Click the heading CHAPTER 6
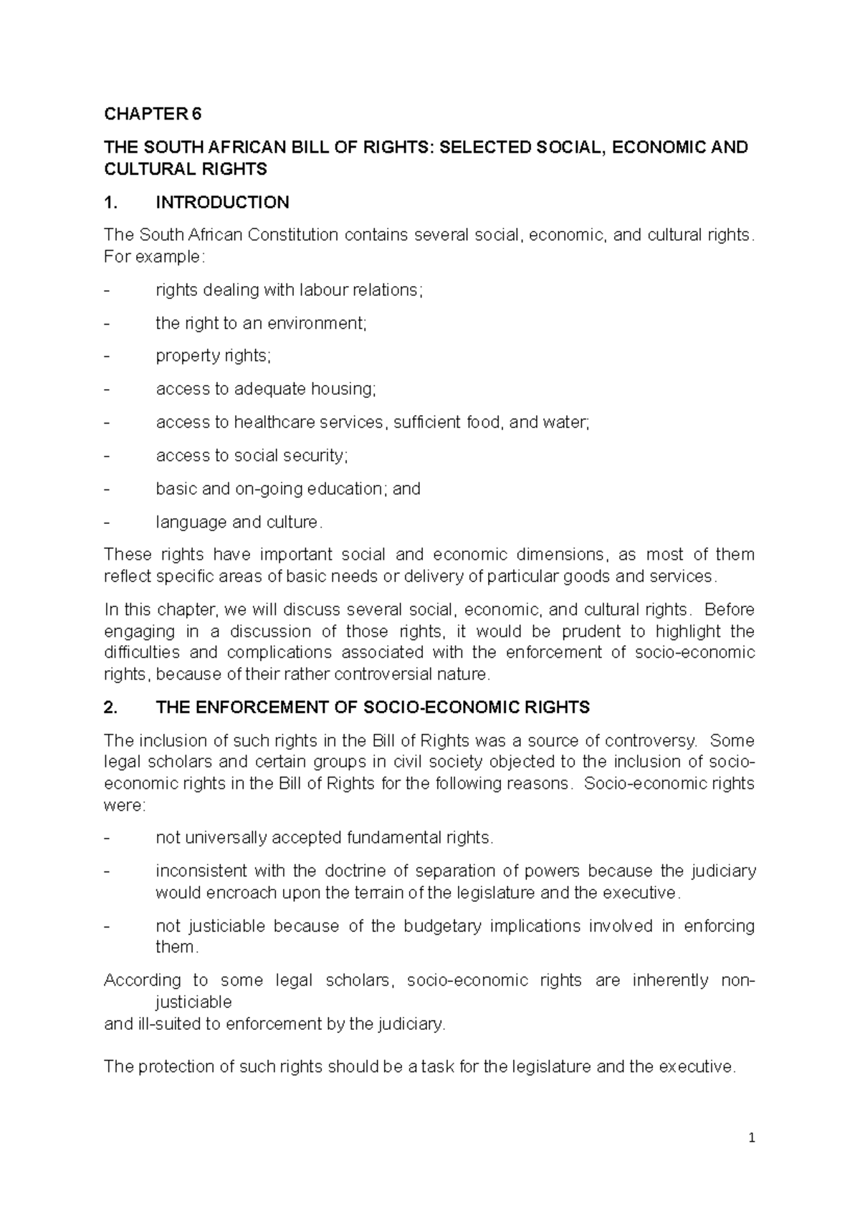(153, 114)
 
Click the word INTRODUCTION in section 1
(222, 203)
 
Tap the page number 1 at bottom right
(752, 1138)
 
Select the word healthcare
(274, 422)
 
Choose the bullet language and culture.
(239, 522)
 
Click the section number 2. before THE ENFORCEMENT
(110, 708)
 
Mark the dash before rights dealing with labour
(107, 290)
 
